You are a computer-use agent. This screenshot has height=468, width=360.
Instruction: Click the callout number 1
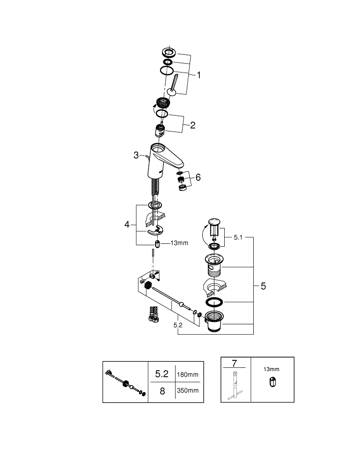[x=198, y=75]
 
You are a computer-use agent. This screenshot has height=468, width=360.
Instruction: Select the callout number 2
[x=192, y=125]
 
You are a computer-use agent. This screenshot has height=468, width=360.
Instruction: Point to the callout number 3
[x=136, y=155]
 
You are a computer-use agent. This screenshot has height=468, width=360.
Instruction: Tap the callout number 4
[x=127, y=225]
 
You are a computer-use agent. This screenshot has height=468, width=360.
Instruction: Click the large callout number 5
[x=263, y=286]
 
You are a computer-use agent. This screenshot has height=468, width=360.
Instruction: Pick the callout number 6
[x=198, y=177]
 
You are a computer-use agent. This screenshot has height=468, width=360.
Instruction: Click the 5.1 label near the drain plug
[x=239, y=237]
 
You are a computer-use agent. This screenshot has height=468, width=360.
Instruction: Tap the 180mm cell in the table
[x=188, y=374]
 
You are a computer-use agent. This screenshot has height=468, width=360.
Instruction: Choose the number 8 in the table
[x=162, y=391]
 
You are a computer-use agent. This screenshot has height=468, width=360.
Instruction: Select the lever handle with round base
[x=172, y=86]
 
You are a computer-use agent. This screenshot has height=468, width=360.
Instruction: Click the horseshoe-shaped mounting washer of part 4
[x=154, y=231]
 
